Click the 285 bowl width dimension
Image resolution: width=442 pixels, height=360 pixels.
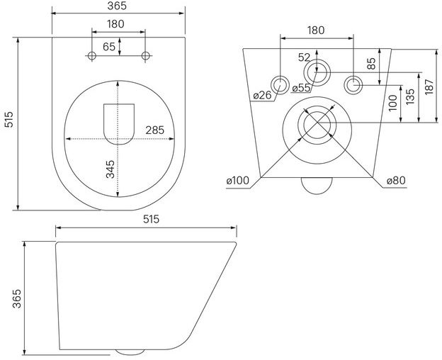coord(154,130)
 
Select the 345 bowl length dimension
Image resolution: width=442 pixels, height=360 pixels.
coord(110,169)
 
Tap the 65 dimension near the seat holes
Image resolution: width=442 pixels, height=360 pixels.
coord(109,47)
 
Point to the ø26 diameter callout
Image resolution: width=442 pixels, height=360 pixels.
coord(262,95)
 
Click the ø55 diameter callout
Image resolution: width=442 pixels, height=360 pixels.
coord(301,88)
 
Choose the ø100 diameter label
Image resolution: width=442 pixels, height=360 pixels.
coord(238,181)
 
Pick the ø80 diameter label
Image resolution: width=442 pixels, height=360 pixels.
coord(396,181)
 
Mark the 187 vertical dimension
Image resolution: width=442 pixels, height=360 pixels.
coord(429,87)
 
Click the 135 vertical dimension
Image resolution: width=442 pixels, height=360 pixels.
coord(410,96)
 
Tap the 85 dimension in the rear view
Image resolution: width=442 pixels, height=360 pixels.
coord(372,64)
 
